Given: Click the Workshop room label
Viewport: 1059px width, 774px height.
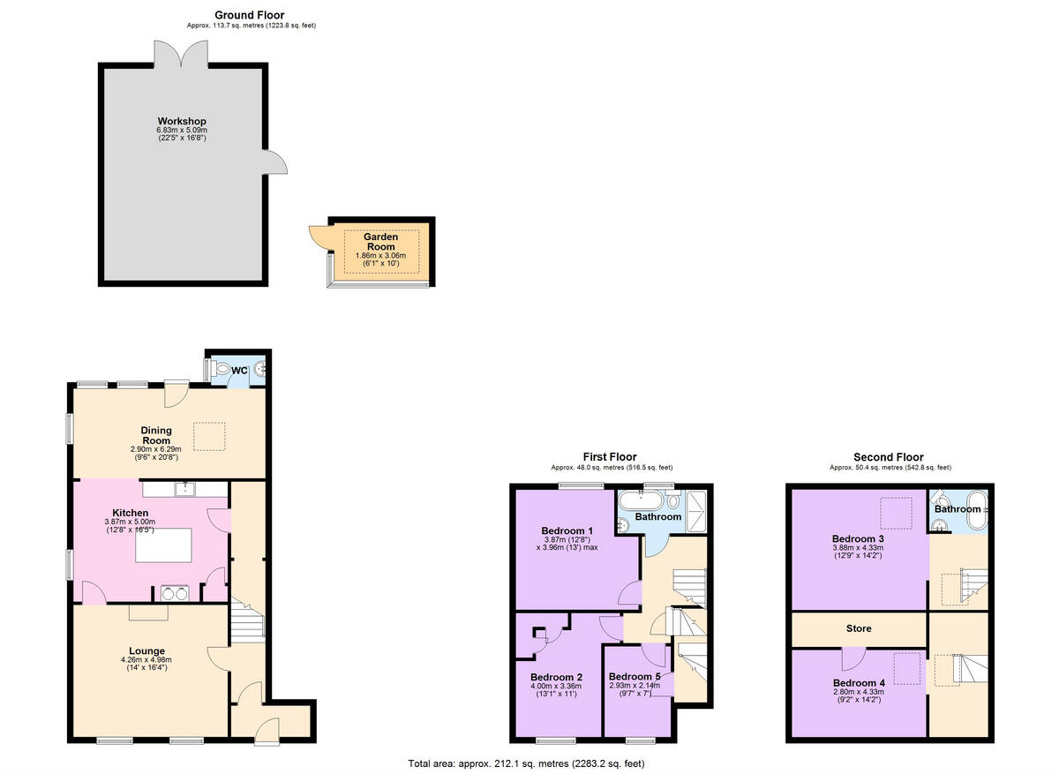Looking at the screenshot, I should [x=182, y=121].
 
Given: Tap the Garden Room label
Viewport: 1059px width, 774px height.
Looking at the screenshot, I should [x=381, y=241].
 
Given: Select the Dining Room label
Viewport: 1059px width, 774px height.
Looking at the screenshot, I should [x=156, y=435].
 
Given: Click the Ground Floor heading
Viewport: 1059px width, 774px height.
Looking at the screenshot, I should [x=251, y=15].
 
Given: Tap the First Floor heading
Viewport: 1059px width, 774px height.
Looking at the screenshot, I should [x=609, y=456].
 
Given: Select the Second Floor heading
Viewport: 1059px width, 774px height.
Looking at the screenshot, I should [x=888, y=456].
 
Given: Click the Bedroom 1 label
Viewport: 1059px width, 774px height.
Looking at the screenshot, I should [x=567, y=530].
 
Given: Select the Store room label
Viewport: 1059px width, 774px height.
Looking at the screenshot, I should [x=859, y=628].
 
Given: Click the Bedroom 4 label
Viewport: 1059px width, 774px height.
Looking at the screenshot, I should [x=859, y=683].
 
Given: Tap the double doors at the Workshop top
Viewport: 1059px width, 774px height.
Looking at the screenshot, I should [x=182, y=52].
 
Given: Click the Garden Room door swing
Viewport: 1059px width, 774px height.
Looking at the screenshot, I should [x=319, y=237].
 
